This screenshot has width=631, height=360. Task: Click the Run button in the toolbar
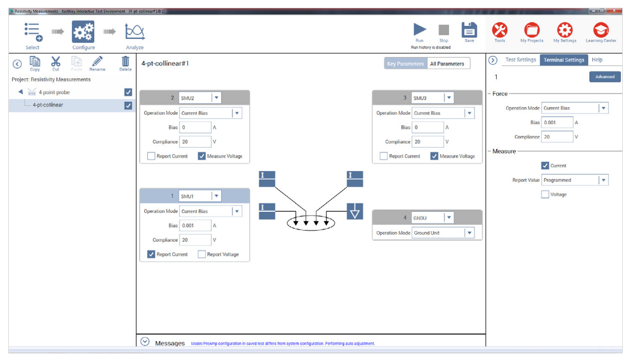[419, 30]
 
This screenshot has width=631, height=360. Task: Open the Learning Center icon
[600, 30]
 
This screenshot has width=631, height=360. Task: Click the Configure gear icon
[83, 32]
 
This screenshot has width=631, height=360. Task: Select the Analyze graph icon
[134, 32]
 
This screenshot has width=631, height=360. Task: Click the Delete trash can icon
[125, 62]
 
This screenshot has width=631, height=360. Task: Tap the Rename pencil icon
[97, 62]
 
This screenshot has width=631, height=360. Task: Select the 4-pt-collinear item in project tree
[48, 105]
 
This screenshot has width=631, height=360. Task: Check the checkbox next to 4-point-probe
[128, 92]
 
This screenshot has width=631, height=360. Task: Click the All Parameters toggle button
[447, 64]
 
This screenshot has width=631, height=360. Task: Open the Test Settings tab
[520, 59]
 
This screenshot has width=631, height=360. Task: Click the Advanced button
[605, 76]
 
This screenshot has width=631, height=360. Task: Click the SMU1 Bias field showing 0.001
[195, 225]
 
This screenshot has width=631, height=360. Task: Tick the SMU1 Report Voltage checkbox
[202, 254]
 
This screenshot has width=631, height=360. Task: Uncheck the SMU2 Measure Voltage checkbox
[202, 156]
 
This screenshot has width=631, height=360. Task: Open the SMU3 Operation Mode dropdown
[469, 113]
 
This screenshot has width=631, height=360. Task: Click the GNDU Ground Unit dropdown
[469, 233]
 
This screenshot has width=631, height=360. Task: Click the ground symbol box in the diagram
[354, 211]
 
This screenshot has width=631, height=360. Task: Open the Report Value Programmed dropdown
[603, 180]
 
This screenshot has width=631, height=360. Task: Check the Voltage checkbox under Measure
[545, 194]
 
